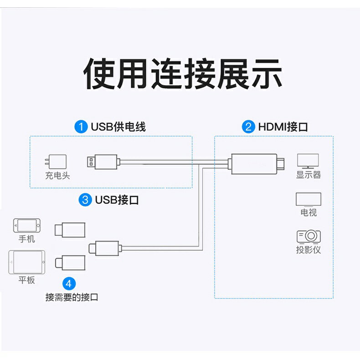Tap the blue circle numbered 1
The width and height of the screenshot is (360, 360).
81,126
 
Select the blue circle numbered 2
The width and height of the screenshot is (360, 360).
248,126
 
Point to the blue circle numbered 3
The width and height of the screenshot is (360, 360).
85,200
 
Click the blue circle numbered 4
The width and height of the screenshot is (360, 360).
68,283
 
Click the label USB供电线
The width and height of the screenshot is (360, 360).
118,126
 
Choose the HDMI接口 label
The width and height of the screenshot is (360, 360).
283,126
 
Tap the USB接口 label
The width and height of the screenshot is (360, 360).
117,200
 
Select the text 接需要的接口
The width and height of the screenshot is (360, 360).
72,297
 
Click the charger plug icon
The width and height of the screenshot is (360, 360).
57,162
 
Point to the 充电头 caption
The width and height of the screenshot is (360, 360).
57,175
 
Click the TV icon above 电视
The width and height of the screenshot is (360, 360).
309,200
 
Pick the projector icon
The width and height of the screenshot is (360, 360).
309,236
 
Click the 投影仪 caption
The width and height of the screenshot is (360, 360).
309,250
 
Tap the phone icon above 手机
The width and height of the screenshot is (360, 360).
26,226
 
